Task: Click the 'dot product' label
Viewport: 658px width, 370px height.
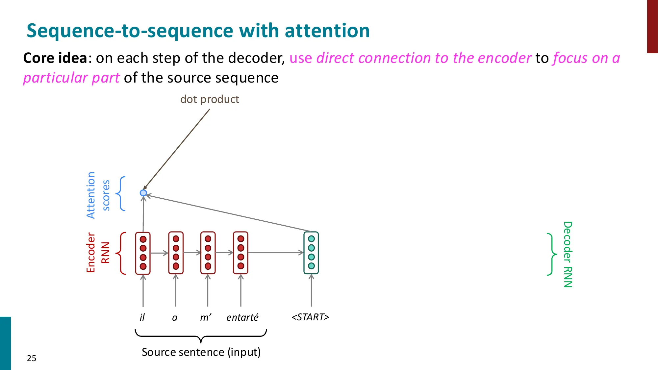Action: pyautogui.click(x=210, y=99)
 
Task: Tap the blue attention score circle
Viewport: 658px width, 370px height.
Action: pyautogui.click(x=143, y=193)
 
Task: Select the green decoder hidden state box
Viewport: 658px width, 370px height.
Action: pyautogui.click(x=311, y=253)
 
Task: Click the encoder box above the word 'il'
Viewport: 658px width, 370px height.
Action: pyautogui.click(x=143, y=253)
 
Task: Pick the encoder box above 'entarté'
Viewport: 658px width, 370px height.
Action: pyautogui.click(x=240, y=253)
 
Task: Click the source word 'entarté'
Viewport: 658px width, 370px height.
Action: pyautogui.click(x=242, y=317)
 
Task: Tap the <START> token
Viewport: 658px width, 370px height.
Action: pyautogui.click(x=310, y=317)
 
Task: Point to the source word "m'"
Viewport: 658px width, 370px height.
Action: pyautogui.click(x=206, y=317)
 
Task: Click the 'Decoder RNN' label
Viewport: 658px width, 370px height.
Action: pyautogui.click(x=568, y=254)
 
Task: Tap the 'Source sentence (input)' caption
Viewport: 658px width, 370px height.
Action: pyautogui.click(x=201, y=352)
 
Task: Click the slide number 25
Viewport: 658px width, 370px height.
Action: pyautogui.click(x=32, y=358)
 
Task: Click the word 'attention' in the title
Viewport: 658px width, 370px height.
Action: pyautogui.click(x=327, y=31)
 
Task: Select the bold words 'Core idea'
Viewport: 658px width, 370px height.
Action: pyautogui.click(x=55, y=58)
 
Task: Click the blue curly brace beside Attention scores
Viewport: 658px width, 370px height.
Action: pyautogui.click(x=121, y=193)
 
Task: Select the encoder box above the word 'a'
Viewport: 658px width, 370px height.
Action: pyautogui.click(x=176, y=253)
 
